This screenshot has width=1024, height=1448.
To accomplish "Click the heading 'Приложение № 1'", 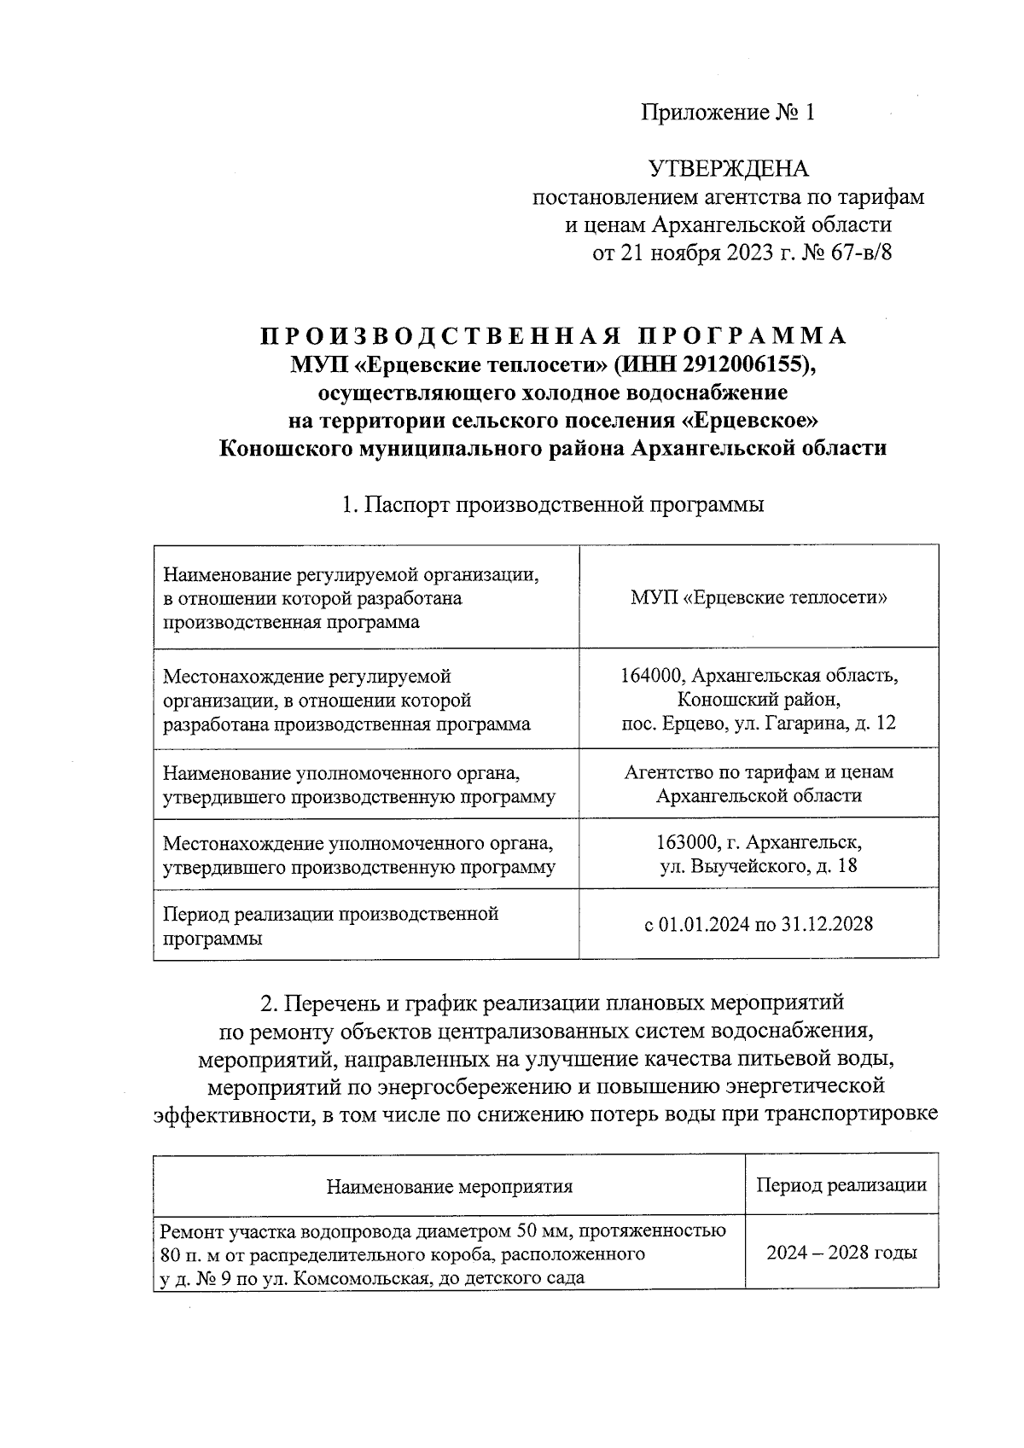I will point(728,113).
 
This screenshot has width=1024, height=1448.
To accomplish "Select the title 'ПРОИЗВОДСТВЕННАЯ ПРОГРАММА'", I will point(553,336).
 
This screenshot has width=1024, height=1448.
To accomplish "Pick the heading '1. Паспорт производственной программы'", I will point(552,504).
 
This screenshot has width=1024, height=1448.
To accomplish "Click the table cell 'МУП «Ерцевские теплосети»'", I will point(759,597).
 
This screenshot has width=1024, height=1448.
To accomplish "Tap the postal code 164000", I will point(653,677).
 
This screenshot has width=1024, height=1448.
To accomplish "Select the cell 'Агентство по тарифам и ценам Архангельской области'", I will point(759,784).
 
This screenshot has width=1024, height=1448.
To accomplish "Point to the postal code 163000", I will point(687,843).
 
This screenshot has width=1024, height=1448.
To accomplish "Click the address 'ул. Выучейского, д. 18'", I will point(759,866).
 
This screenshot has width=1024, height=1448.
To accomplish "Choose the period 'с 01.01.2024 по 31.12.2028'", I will point(759,925).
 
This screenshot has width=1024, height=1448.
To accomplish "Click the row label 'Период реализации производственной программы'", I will point(330,926).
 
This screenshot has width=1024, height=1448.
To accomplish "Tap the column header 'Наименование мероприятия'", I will point(449,1186).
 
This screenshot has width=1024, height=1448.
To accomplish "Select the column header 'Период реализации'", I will point(841,1185).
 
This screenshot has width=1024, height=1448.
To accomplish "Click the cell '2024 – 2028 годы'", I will point(841,1253).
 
